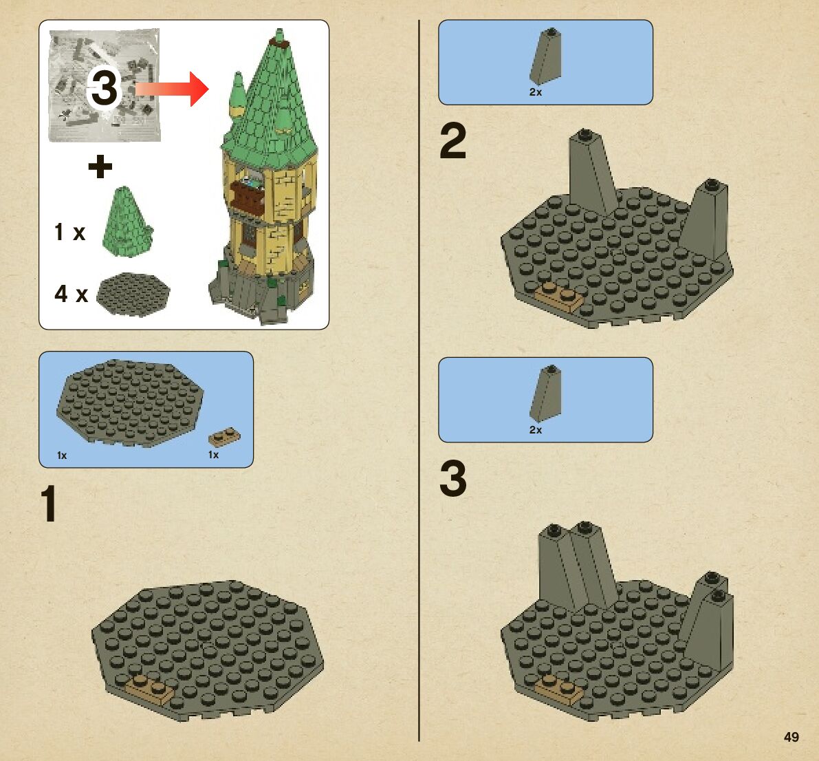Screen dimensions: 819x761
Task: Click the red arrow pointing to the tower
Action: coord(173,89)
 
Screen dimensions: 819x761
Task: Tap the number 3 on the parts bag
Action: coord(105,88)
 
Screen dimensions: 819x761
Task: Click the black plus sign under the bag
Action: coord(100,167)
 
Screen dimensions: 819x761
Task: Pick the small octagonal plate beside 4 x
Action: coord(133,294)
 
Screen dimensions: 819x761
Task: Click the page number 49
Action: coord(791,737)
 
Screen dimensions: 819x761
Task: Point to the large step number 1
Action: coord(49,504)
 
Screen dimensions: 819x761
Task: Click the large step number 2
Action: coord(453,140)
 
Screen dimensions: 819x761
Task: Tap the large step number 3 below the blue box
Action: coord(453,478)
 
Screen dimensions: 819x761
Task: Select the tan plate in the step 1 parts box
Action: coord(225,436)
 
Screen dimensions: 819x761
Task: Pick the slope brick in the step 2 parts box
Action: coord(547,56)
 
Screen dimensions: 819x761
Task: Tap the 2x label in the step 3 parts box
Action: coord(536,430)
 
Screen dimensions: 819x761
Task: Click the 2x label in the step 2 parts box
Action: coord(536,92)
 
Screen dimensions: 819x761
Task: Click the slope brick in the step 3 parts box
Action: coord(547,394)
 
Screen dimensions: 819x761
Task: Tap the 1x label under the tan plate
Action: coord(213,455)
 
